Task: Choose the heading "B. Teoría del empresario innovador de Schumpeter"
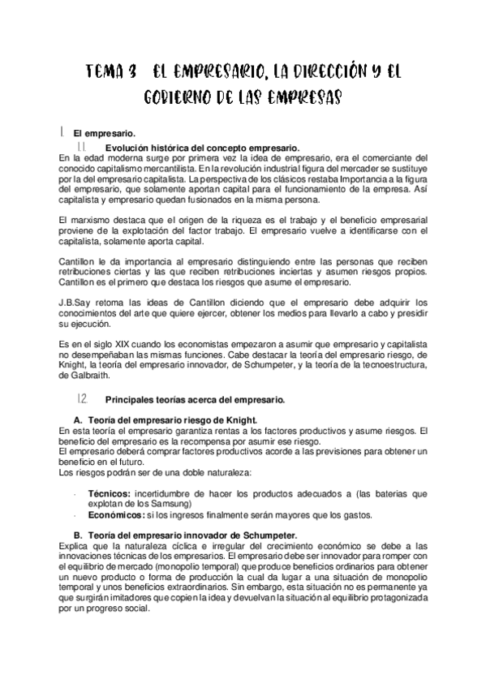pyautogui.click(x=184, y=535)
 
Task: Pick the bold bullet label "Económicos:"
pyautogui.click(x=117, y=514)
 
